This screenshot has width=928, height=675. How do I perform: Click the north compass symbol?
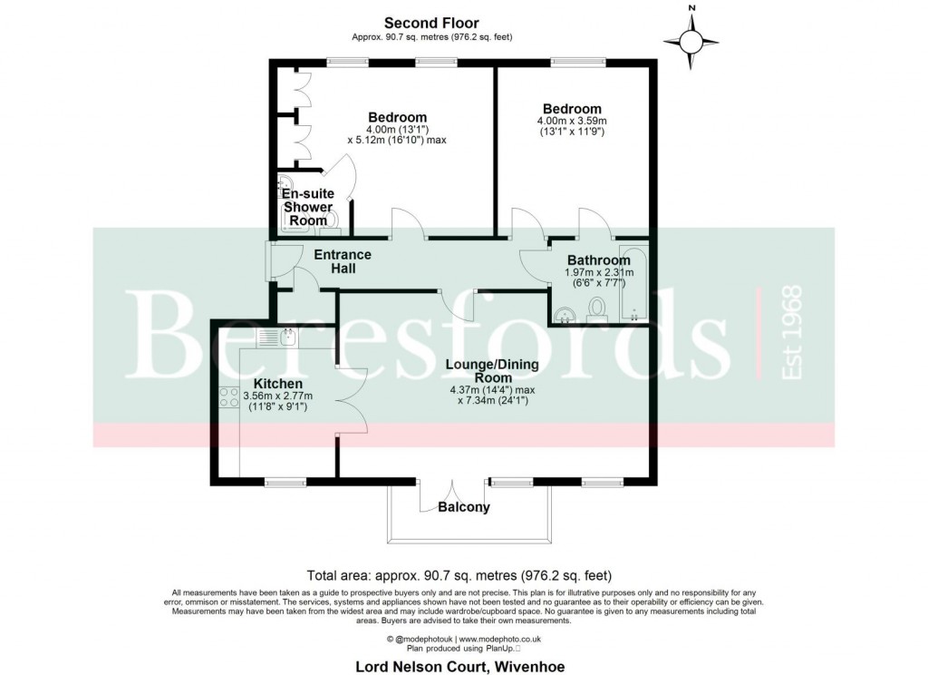point(691,40)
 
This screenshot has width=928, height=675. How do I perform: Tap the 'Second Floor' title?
point(431,23)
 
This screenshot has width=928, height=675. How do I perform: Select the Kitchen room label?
point(272,384)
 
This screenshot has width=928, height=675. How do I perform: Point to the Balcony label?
point(464,507)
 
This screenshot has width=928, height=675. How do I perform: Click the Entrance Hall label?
point(342,261)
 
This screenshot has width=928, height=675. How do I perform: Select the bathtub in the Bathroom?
point(632,283)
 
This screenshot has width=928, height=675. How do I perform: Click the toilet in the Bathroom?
point(597,309)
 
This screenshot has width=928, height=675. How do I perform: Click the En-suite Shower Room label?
point(308,207)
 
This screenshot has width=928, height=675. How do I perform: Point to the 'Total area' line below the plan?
point(459,575)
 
